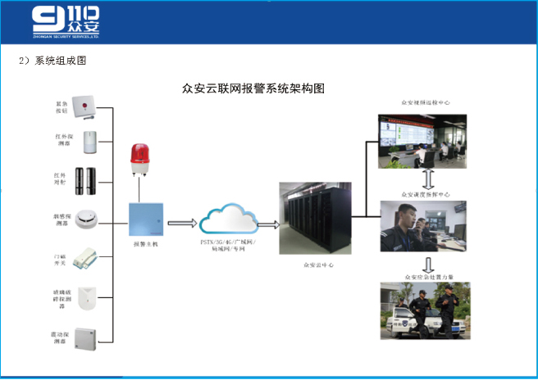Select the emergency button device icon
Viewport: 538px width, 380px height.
click(x=84, y=106)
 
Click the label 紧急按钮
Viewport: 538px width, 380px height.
click(x=61, y=107)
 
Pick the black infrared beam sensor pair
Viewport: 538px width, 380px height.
click(x=86, y=179)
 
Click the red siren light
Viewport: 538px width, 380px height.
click(x=139, y=159)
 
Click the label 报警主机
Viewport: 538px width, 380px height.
click(x=144, y=243)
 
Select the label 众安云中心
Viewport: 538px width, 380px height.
click(x=318, y=265)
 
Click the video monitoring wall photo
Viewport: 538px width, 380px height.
click(x=422, y=141)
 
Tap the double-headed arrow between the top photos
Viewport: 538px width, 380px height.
click(x=427, y=179)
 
